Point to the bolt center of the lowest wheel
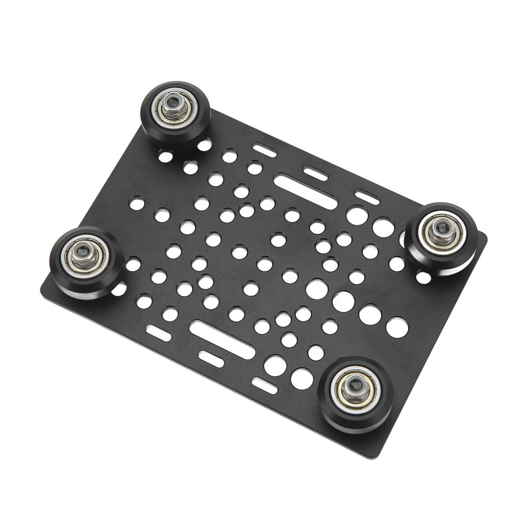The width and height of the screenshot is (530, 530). (356, 386)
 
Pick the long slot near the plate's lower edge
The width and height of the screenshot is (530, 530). (221, 339)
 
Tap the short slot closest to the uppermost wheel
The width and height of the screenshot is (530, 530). (265, 150)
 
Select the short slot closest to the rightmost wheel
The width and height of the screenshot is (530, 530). (366, 197)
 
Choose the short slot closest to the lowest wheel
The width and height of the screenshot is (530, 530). (264, 385)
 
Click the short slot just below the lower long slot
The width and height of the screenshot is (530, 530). (211, 358)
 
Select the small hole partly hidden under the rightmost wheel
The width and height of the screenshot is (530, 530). (423, 277)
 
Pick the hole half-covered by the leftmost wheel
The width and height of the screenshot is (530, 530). (120, 289)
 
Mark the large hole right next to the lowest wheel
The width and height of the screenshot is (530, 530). (302, 378)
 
